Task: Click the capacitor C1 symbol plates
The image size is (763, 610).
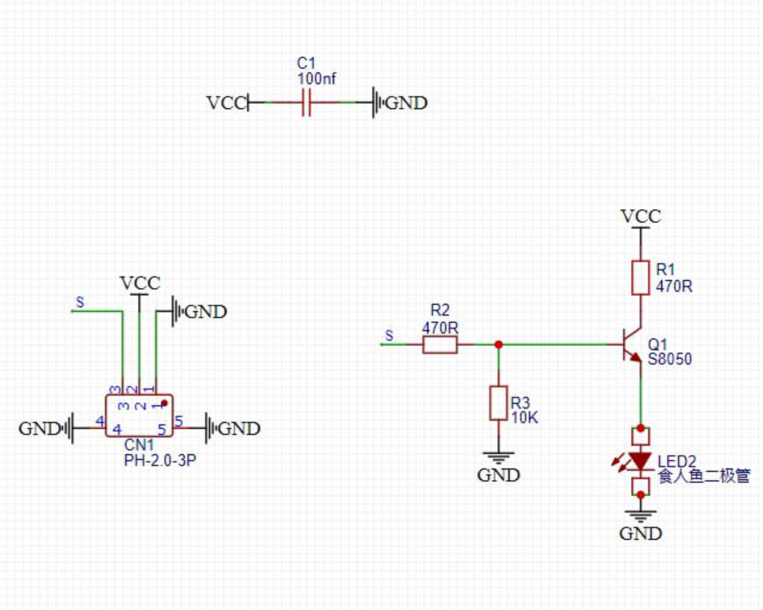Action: [306, 103]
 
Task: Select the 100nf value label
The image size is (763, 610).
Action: [316, 79]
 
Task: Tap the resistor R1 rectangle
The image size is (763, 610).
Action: [640, 278]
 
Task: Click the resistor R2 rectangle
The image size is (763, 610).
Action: [440, 345]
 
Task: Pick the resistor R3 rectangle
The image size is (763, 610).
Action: [498, 403]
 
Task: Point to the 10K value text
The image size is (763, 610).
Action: [525, 418]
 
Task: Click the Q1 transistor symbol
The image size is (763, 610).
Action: [631, 346]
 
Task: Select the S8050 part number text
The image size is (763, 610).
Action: [669, 359]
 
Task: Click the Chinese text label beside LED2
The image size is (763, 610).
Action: [704, 477]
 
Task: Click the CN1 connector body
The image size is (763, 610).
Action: [139, 416]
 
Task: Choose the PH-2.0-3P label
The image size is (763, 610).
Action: [160, 461]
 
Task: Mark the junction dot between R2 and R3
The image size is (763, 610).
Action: [498, 345]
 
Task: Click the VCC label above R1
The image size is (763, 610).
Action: [641, 217]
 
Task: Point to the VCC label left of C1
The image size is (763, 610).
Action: [226, 103]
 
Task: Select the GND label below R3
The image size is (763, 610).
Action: [498, 475]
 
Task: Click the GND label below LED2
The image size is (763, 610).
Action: [640, 534]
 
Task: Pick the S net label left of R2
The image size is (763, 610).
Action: [389, 335]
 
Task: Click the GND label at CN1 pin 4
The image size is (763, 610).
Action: [39, 429]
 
